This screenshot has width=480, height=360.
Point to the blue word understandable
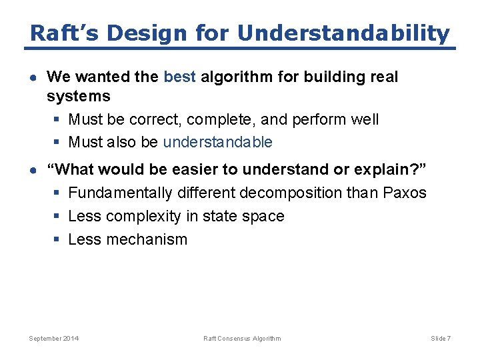[217, 142]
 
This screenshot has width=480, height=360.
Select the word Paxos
[404, 193]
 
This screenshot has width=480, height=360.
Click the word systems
[79, 97]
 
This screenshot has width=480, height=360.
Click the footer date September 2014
[53, 339]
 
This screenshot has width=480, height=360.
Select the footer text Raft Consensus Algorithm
[242, 339]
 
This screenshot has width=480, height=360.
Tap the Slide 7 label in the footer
[441, 339]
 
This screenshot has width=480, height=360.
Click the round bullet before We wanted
[33, 77]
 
